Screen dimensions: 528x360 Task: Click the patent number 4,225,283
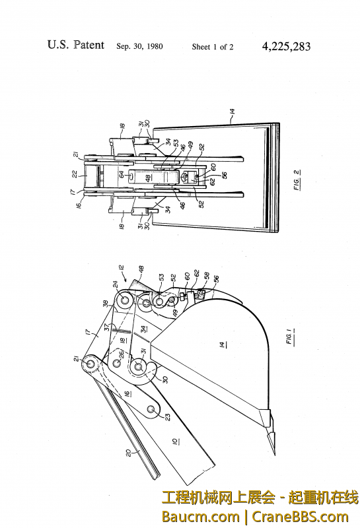pyautogui.click(x=286, y=46)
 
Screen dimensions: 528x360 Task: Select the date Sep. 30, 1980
pyautogui.click(x=139, y=47)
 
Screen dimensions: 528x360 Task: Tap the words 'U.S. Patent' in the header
pyautogui.click(x=75, y=45)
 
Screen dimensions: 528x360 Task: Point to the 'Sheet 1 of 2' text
pyautogui.click(x=213, y=47)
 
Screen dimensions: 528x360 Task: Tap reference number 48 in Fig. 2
pyautogui.click(x=149, y=178)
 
